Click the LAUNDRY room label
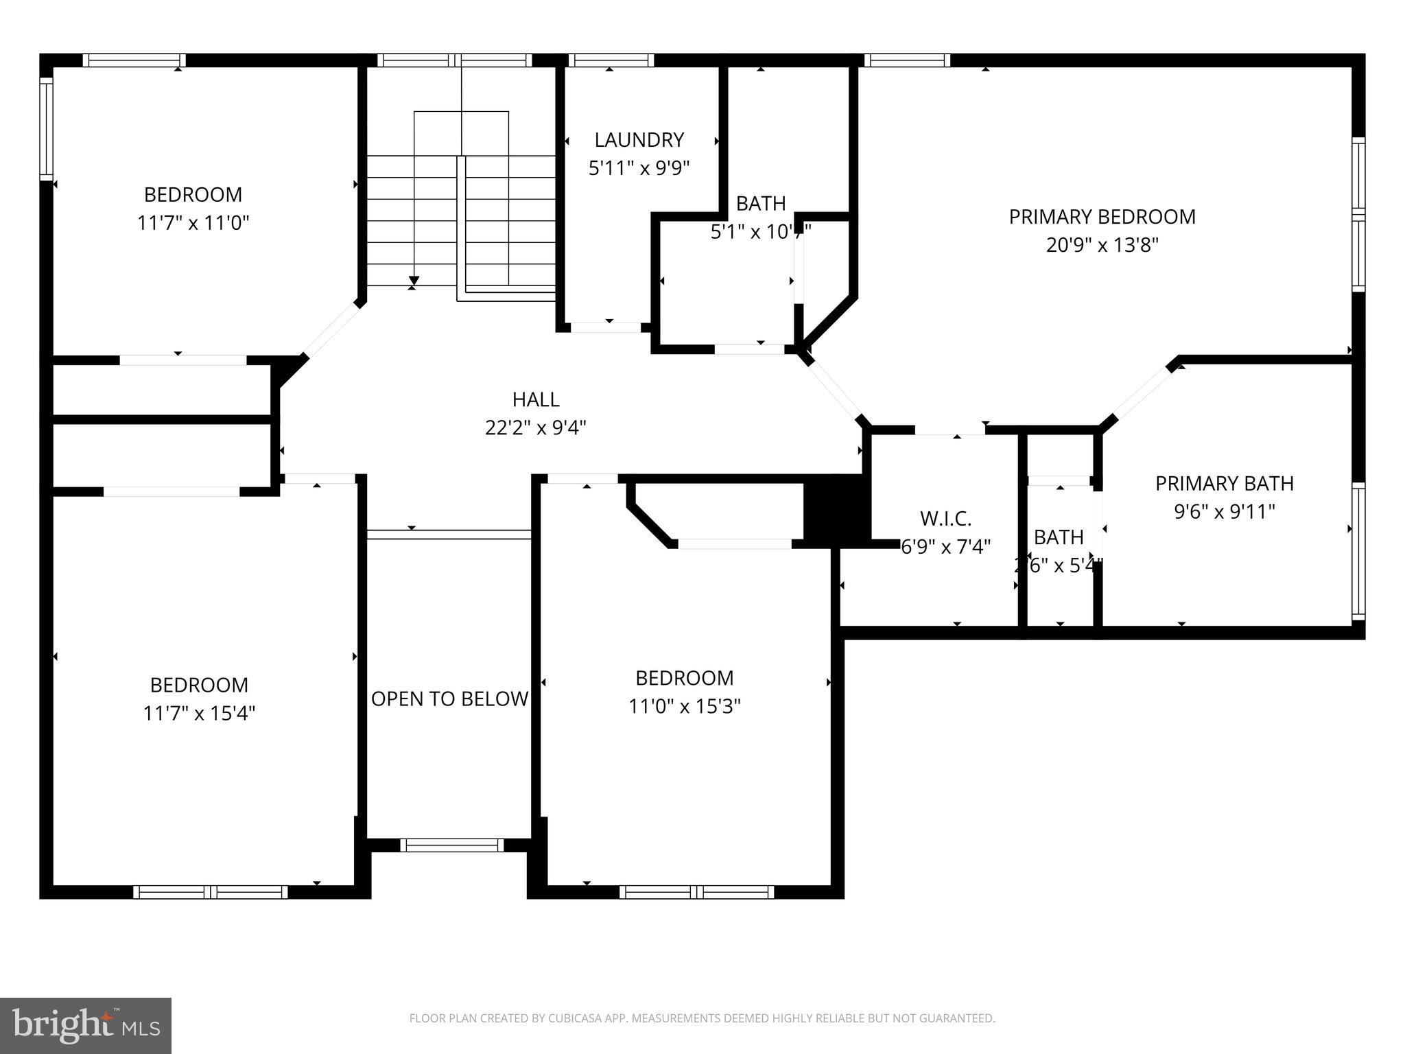click(639, 140)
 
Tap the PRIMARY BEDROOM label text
click(1102, 217)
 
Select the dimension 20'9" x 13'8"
click(1102, 245)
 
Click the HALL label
click(536, 399)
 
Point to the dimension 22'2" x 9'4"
click(536, 428)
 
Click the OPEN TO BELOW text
click(449, 699)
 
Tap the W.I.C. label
click(945, 519)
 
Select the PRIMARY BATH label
click(1225, 484)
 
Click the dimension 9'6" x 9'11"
click(1225, 512)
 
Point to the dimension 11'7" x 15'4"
click(199, 714)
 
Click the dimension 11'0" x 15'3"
click(685, 706)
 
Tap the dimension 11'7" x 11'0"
click(193, 223)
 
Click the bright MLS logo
click(85, 1026)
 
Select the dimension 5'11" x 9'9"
click(639, 168)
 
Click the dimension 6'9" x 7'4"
click(945, 547)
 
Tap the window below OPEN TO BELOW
click(451, 845)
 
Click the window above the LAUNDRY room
click(610, 60)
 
